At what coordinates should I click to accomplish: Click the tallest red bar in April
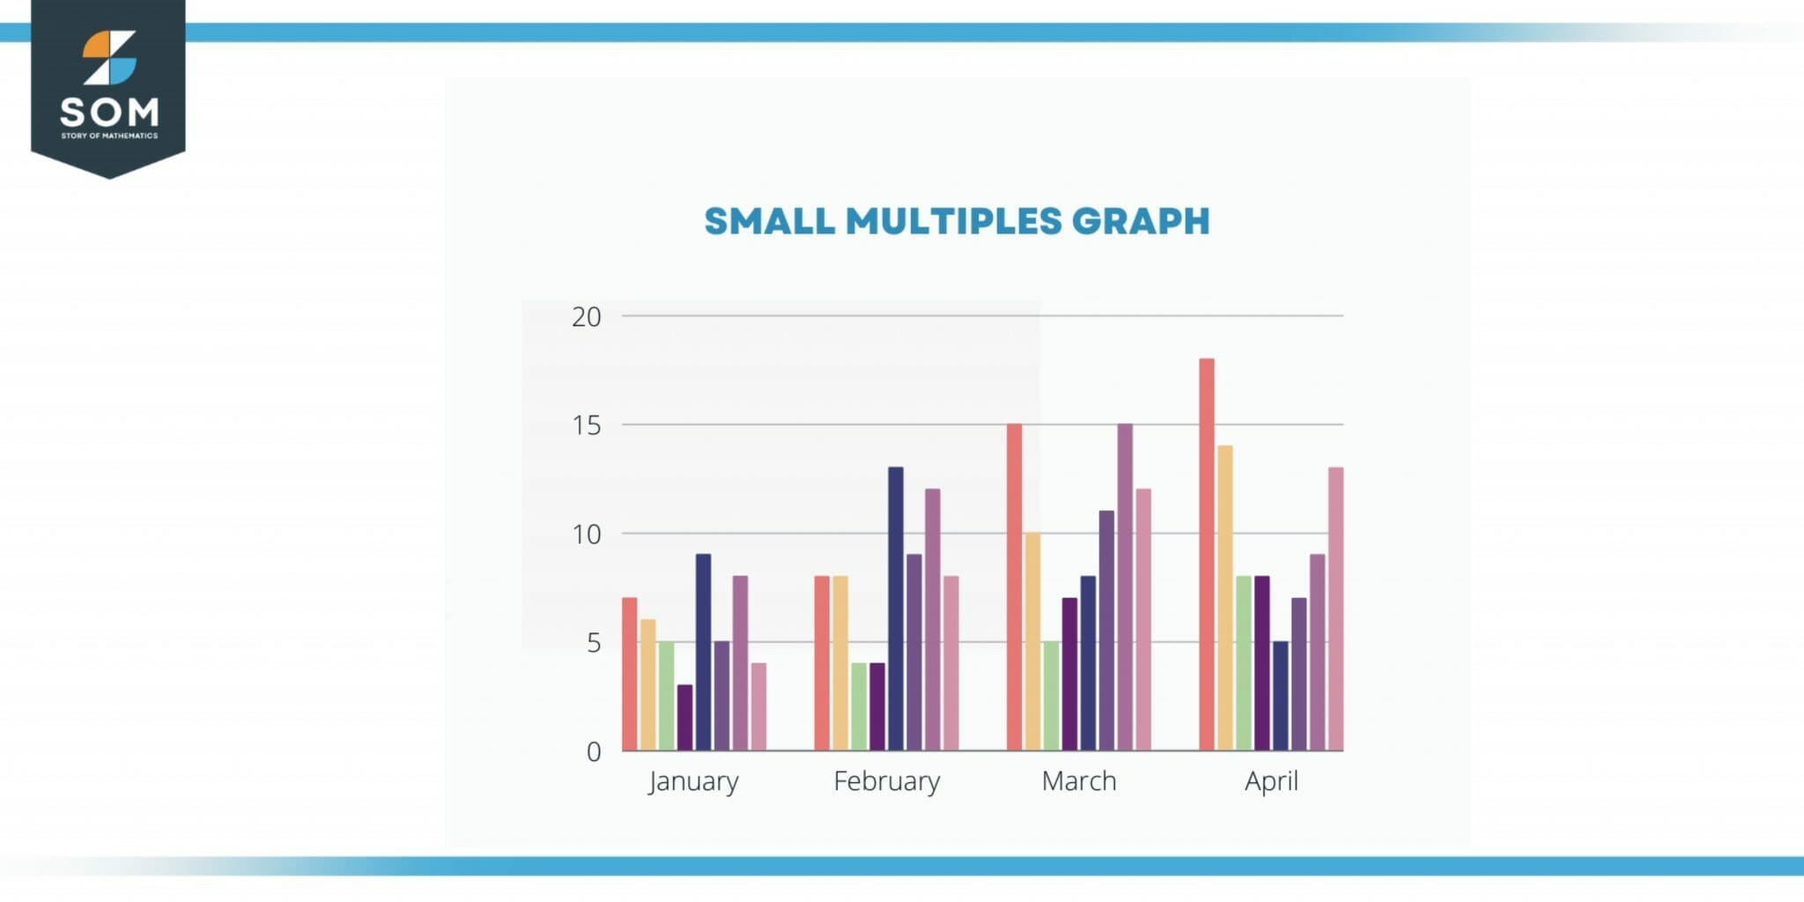point(1207,555)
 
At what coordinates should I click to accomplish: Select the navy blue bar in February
point(896,609)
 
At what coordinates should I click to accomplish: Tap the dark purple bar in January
point(684,718)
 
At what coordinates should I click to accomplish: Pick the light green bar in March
point(1051,696)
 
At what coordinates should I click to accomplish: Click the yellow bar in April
point(1225,598)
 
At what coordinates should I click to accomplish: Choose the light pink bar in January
point(758,706)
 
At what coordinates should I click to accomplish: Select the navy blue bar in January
point(703,653)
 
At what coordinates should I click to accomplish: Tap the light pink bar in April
point(1335,609)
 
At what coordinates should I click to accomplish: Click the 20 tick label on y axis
point(587,317)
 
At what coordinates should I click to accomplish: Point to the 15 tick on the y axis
point(587,425)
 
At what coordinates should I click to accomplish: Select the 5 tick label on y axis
point(594,643)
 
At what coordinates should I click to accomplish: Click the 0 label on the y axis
point(594,752)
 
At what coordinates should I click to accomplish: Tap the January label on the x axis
point(693,782)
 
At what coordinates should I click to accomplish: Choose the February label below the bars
point(886,781)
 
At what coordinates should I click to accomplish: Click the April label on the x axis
point(1271,782)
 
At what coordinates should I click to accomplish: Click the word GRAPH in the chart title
point(1141,221)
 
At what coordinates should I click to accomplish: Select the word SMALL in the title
point(769,221)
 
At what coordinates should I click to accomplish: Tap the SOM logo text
point(109,112)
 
